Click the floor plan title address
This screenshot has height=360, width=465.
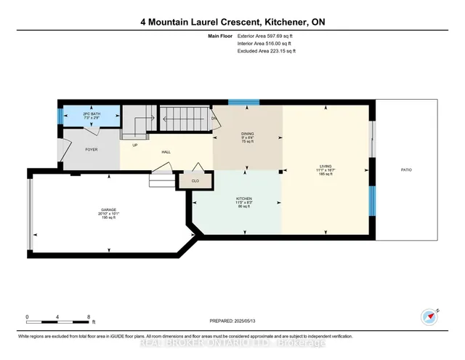pyautogui.click(x=232, y=22)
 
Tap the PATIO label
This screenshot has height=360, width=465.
pyautogui.click(x=406, y=169)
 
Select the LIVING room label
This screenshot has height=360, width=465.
pyautogui.click(x=325, y=167)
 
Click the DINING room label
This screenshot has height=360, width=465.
pyautogui.click(x=247, y=134)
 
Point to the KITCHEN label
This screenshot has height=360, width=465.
pyautogui.click(x=243, y=198)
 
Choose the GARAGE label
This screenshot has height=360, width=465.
pyautogui.click(x=109, y=210)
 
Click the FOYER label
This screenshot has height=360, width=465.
pyautogui.click(x=92, y=149)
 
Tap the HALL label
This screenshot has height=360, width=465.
pyautogui.click(x=166, y=152)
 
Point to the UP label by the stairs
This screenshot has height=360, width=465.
pyautogui.click(x=135, y=145)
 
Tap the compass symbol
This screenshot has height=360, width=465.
pyautogui.click(x=430, y=316)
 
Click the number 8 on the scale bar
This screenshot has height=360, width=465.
pyautogui.click(x=89, y=317)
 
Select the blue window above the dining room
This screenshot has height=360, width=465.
pyautogui.click(x=249, y=103)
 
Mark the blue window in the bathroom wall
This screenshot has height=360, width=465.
pyautogui.click(x=61, y=115)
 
